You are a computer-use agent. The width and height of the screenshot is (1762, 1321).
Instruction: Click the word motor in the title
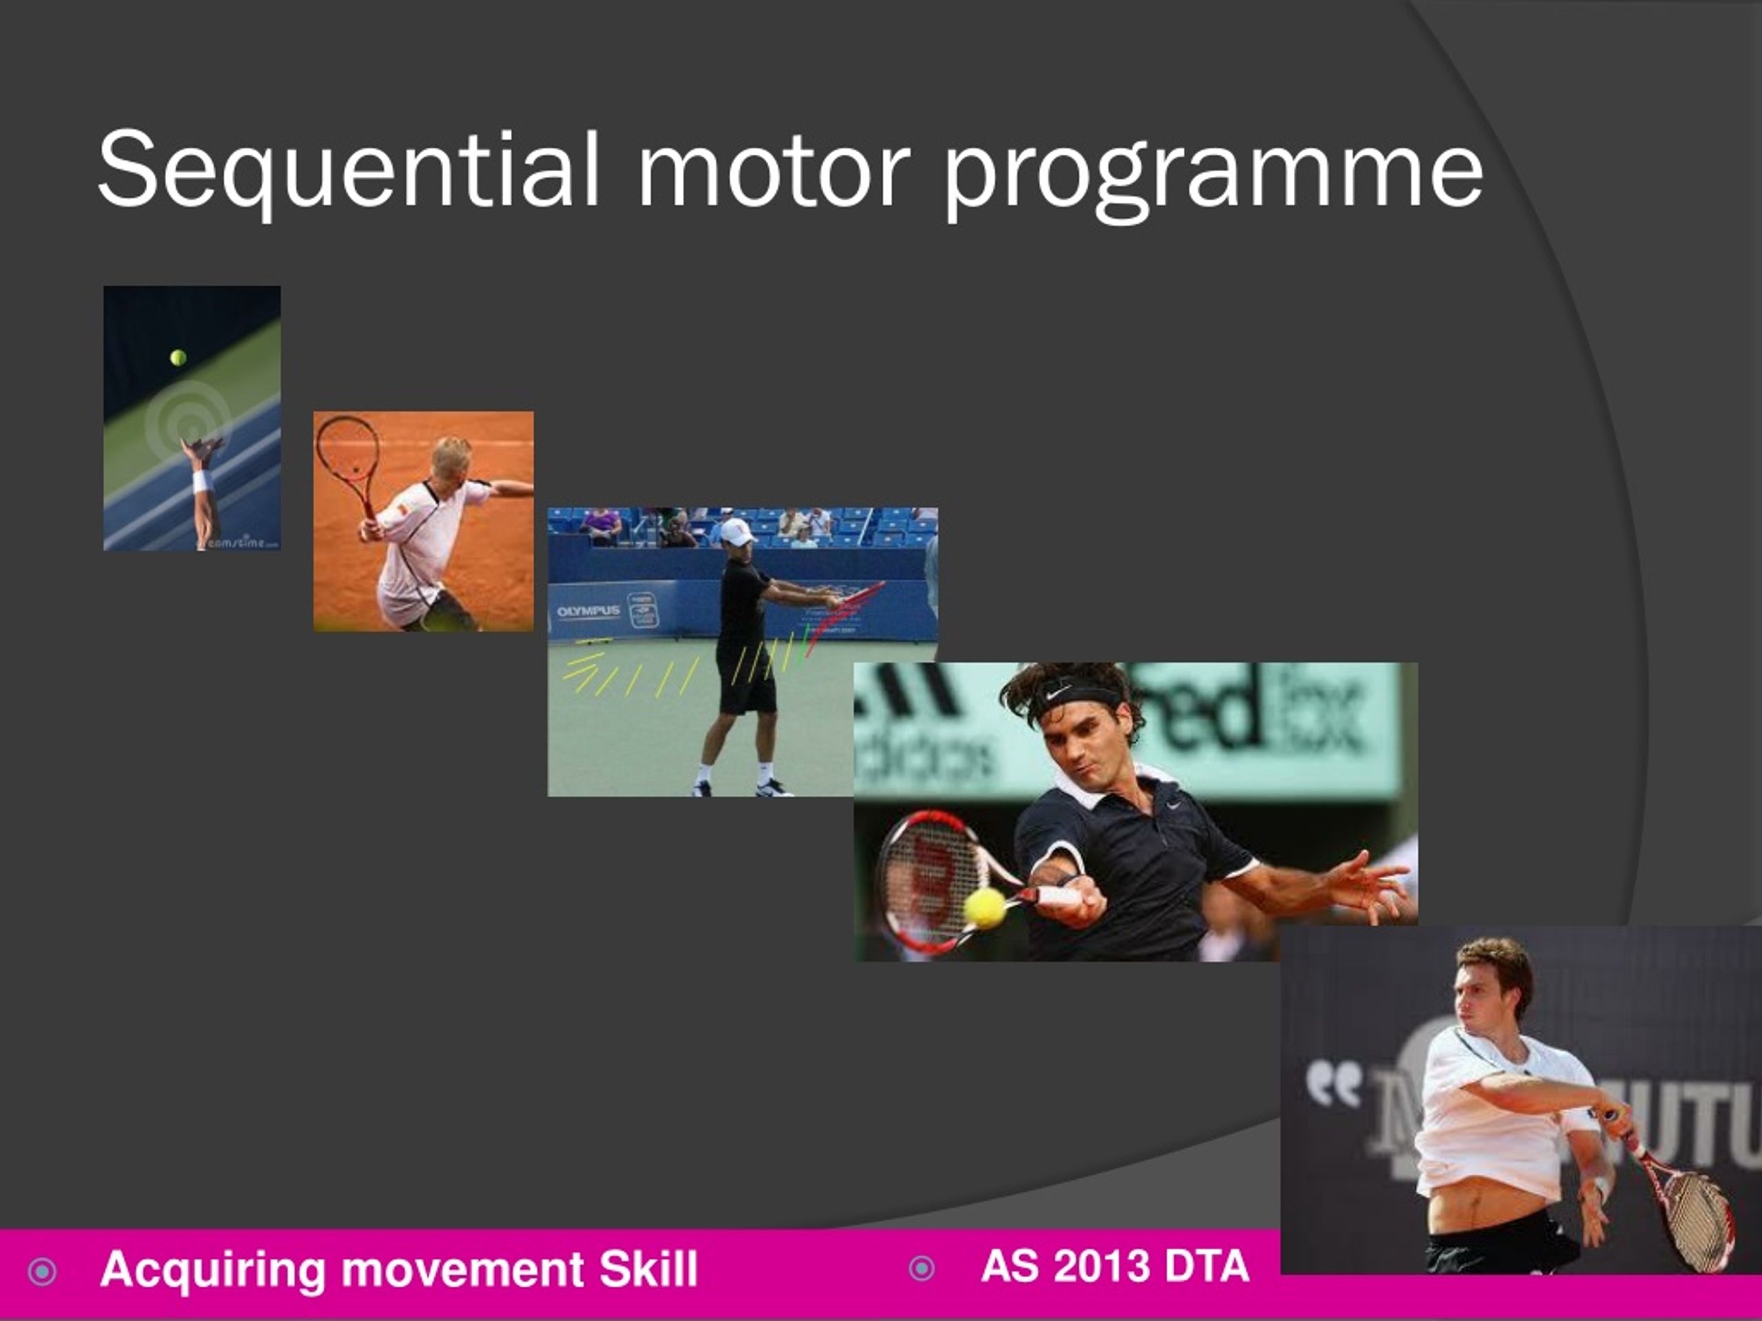(774, 170)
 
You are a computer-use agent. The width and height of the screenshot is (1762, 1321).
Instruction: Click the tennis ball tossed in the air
(178, 358)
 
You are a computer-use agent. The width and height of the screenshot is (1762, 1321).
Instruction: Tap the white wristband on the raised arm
(202, 482)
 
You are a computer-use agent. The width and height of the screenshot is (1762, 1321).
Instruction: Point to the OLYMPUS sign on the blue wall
(588, 612)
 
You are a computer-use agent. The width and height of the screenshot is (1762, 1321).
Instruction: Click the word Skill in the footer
(648, 1269)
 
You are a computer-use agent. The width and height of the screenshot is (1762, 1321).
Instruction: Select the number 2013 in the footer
(1101, 1266)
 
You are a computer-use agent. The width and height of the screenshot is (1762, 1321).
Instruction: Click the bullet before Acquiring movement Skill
(42, 1271)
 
